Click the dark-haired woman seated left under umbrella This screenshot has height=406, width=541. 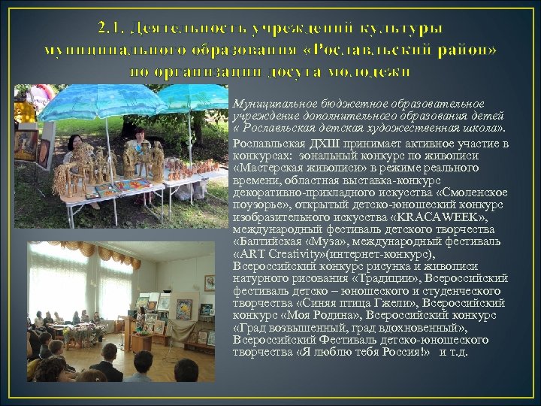point(76,147)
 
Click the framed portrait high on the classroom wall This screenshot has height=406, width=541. point(209,283)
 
